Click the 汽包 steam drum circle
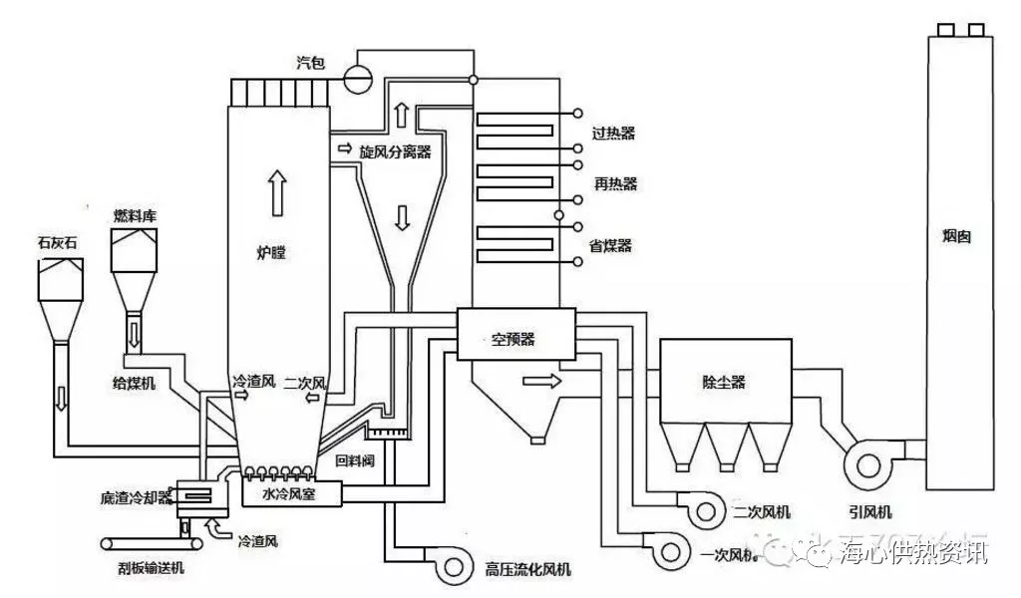pos(357,72)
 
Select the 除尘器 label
pos(724,382)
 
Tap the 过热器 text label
pos(613,133)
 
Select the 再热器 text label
pos(615,184)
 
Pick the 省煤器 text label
pos(611,246)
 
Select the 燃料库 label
pos(135,215)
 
